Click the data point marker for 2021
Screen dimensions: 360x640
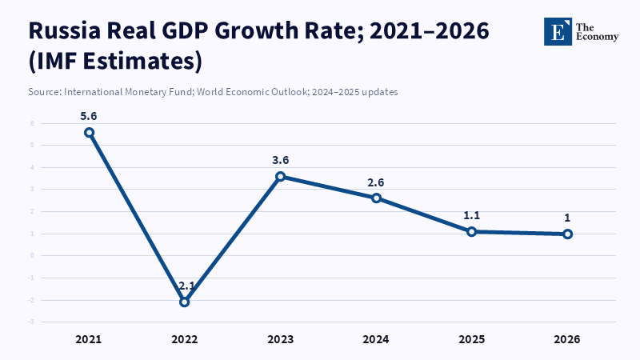click(89, 133)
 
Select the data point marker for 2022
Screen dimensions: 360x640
click(184, 302)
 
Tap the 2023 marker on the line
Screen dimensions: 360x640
click(280, 177)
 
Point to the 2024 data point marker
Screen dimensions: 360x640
click(376, 198)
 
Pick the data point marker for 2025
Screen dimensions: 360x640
click(472, 231)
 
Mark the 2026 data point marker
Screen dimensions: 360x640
click(567, 234)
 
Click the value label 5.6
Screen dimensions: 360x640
click(89, 116)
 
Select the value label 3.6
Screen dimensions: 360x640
click(280, 160)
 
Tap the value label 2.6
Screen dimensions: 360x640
click(376, 182)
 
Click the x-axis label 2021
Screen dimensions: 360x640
click(89, 339)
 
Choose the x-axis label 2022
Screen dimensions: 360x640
click(184, 339)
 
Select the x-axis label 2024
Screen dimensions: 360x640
click(376, 339)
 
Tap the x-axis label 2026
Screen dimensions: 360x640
click(567, 339)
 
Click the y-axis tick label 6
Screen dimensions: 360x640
click(32, 123)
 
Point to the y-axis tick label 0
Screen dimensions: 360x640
click(32, 256)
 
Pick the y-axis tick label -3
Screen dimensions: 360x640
click(31, 322)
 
